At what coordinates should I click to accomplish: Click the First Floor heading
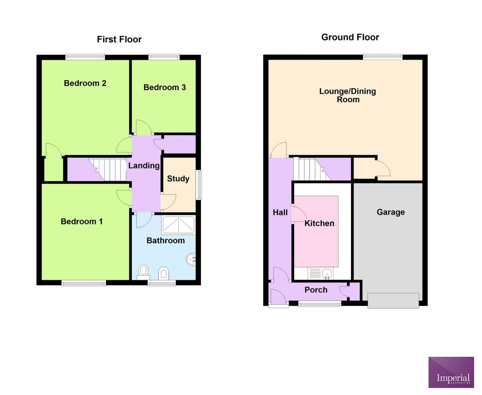[x=119, y=39]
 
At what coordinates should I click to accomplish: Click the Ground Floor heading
[x=350, y=37]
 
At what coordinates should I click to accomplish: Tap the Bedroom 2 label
[x=85, y=83]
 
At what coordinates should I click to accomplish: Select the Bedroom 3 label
[x=165, y=87]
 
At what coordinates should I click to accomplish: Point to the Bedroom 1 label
[x=82, y=221]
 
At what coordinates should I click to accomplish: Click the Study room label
[x=178, y=179]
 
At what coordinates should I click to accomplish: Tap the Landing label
[x=144, y=165]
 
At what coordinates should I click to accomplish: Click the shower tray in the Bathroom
[x=178, y=225]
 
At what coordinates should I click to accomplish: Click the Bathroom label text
[x=166, y=240]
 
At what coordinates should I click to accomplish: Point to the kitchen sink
[x=327, y=273]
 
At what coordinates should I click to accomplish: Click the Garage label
[x=390, y=212]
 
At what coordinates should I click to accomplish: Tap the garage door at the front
[x=393, y=301]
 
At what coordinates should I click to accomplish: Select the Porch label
[x=316, y=290]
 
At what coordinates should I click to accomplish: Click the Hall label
[x=280, y=212]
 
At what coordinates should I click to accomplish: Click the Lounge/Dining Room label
[x=348, y=95]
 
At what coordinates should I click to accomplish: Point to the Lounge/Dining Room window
[x=383, y=57]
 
